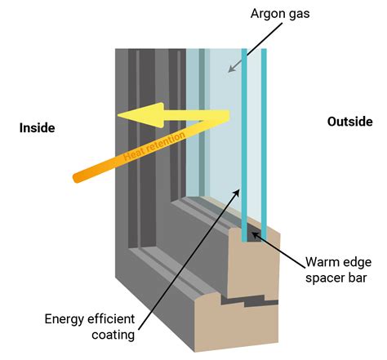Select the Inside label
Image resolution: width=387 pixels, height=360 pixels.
38,127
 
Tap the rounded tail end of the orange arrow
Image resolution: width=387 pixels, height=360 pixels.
76,176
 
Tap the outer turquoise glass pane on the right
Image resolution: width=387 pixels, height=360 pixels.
265,139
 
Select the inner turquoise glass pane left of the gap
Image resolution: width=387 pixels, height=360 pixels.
243,139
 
